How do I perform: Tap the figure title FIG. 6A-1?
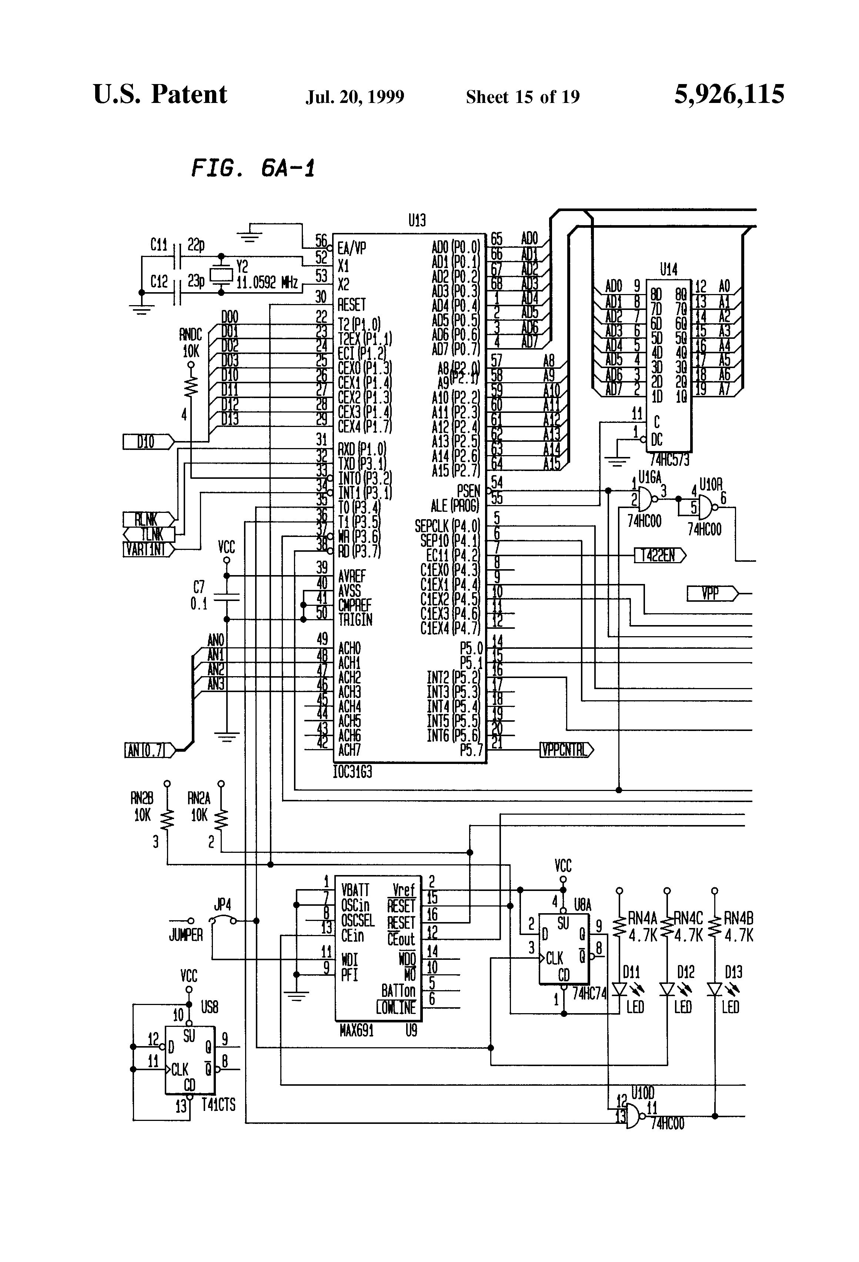coord(253,168)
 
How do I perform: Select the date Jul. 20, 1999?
coord(355,97)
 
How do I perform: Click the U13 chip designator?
coord(417,220)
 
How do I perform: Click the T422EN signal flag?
coord(660,555)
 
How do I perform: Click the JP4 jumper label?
coord(222,905)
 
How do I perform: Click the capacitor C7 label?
coord(199,587)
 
